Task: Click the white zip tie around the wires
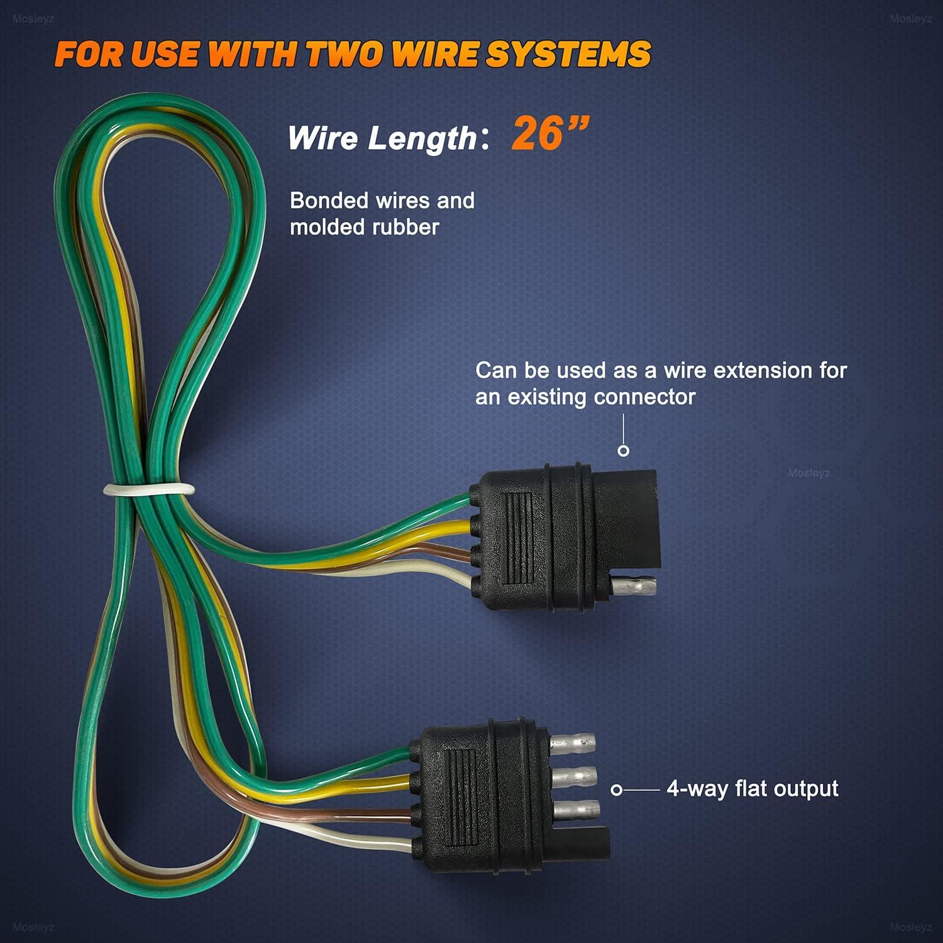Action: [x=149, y=489]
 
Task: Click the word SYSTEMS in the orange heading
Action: [x=568, y=54]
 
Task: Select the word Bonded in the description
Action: [x=329, y=201]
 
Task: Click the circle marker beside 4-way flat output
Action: [x=617, y=790]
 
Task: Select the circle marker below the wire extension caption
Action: [x=624, y=451]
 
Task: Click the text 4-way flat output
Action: [x=752, y=788]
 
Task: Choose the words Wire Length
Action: [x=382, y=138]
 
